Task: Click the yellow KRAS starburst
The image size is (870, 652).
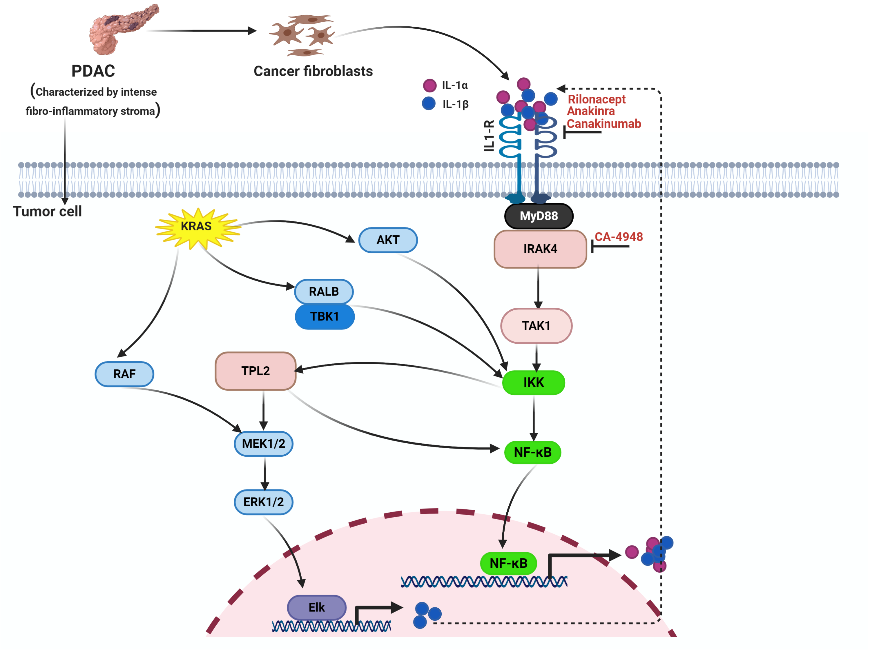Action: click(197, 227)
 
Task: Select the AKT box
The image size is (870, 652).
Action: click(388, 240)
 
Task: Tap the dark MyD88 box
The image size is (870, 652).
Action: click(539, 216)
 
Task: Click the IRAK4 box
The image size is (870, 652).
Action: click(540, 249)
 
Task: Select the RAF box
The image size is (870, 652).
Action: click(124, 374)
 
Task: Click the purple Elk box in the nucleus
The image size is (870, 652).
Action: click(317, 607)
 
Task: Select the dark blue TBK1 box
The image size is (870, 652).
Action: click(325, 316)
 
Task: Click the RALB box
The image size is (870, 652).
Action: click(324, 291)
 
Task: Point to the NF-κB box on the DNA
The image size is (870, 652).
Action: click(508, 563)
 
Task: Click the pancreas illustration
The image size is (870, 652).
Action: click(118, 30)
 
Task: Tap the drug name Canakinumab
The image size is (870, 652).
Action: click(604, 124)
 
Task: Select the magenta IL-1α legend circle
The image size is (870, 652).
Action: click(429, 85)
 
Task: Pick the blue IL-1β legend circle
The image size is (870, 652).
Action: click(429, 104)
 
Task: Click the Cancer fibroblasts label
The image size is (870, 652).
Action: click(313, 71)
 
